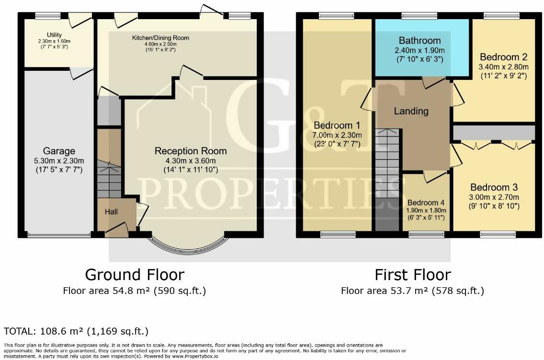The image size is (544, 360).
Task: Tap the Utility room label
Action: click(55, 34)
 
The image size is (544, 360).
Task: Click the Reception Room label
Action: click(191, 151)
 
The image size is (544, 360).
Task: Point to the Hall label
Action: click(112, 211)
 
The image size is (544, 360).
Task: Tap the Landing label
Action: click(411, 111)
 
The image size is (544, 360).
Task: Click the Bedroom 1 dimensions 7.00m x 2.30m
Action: click(338, 135)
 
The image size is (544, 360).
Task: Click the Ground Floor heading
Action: click(135, 275)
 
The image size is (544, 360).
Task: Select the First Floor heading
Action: click(412, 275)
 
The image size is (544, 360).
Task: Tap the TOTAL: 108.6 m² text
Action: click(76, 331)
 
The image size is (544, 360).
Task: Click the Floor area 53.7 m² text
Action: click(412, 291)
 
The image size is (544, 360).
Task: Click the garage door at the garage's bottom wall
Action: click(58, 235)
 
